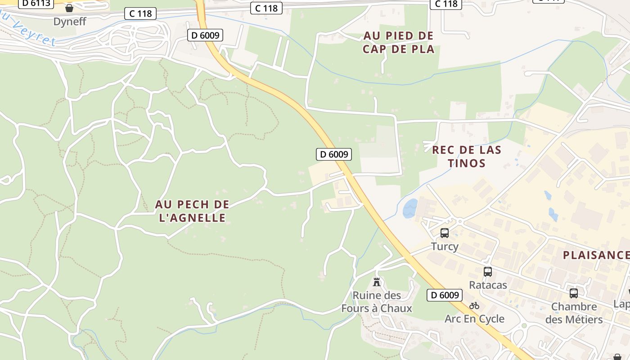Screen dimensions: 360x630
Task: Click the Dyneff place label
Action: (70, 22)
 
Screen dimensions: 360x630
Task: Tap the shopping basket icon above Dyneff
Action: (69, 8)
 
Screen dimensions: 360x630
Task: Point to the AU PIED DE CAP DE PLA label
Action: (399, 42)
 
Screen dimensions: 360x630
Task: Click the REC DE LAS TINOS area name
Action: (467, 156)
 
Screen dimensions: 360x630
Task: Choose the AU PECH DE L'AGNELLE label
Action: (192, 211)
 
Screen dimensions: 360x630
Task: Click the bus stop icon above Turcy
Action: (445, 233)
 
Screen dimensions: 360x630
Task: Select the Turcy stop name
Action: (445, 246)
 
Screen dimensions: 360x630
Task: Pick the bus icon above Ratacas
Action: (488, 272)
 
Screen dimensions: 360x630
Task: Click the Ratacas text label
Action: (488, 285)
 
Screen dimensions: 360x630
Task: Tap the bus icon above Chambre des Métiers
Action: (574, 293)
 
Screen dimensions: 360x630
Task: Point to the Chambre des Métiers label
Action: (574, 313)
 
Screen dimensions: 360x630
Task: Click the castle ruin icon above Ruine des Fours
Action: (377, 282)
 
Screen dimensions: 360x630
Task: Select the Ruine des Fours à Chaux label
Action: (377, 302)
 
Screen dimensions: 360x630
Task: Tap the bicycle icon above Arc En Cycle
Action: (474, 306)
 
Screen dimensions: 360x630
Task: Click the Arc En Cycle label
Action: (474, 319)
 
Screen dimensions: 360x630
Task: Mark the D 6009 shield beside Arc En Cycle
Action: (445, 295)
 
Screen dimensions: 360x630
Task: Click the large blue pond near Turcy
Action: (410, 209)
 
